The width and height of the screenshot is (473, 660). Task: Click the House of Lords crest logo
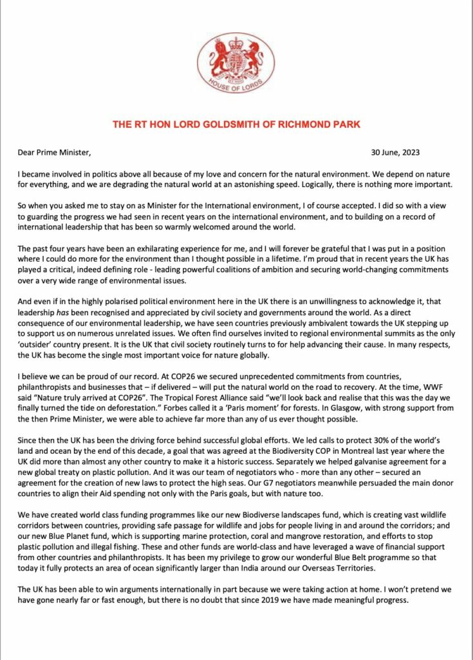pos(236,63)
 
